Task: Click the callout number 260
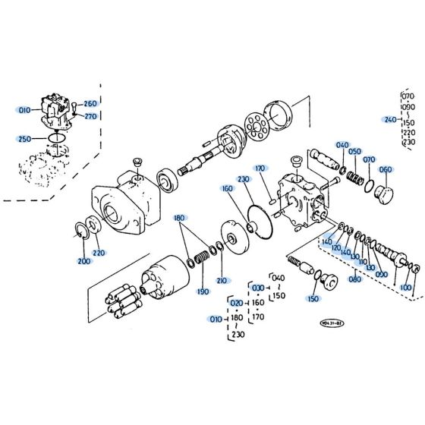point(90,104)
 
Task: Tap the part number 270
point(90,116)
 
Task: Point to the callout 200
point(83,261)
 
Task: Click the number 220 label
point(99,253)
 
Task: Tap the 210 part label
point(222,281)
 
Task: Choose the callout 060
point(386,169)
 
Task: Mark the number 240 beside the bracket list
point(390,120)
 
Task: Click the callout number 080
point(354,279)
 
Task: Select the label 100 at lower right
point(406,288)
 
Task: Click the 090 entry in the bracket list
point(410,109)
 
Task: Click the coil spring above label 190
point(202,259)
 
